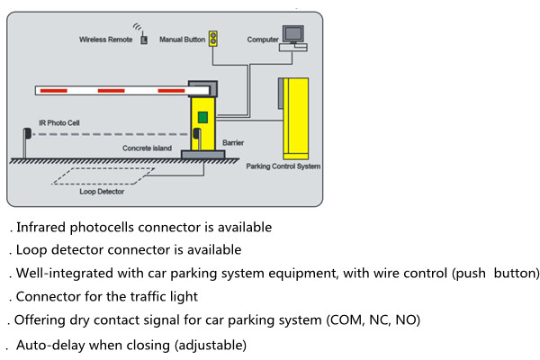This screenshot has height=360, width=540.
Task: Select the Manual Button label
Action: click(x=183, y=40)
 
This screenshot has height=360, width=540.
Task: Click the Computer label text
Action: click(x=263, y=40)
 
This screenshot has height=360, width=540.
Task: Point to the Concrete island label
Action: click(x=147, y=147)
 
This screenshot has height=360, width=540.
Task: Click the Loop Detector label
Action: click(x=102, y=192)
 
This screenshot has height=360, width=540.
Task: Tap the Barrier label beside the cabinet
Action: click(x=233, y=141)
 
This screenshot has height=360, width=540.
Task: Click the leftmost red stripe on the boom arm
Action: click(x=54, y=91)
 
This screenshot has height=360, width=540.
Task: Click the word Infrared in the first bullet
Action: click(x=41, y=228)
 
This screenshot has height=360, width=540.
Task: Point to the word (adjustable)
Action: click(x=206, y=345)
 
